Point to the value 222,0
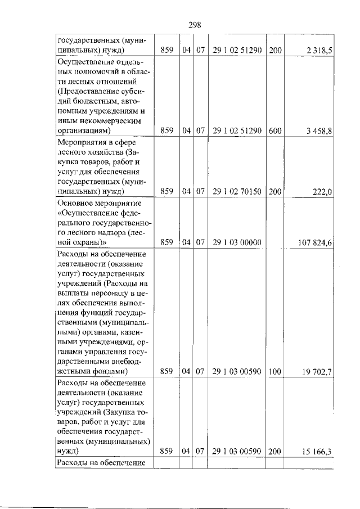(x=323, y=192)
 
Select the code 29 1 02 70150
(x=237, y=192)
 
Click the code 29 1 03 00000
(x=237, y=243)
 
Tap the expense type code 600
(x=275, y=131)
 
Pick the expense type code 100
(x=275, y=371)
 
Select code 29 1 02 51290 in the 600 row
(x=237, y=131)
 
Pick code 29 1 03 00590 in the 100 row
(x=237, y=371)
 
